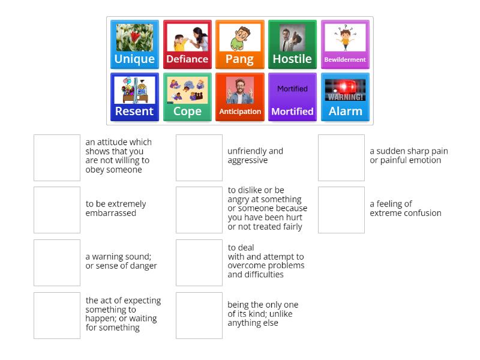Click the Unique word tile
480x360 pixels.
click(x=134, y=44)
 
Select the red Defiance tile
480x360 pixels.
click(x=187, y=44)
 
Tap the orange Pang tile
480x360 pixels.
click(x=239, y=44)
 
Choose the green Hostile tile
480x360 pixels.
click(x=292, y=44)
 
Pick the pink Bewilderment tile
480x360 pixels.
click(x=345, y=44)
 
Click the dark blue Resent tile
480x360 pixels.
click(x=134, y=97)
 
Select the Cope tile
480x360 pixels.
click(x=187, y=97)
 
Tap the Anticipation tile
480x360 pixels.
click(x=239, y=97)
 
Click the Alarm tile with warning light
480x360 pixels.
click(x=345, y=97)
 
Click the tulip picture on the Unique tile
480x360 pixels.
click(x=134, y=37)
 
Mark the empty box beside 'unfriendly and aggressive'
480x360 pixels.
click(x=199, y=158)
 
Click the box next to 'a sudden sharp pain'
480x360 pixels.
click(x=341, y=158)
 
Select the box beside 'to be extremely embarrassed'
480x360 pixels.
click(x=57, y=210)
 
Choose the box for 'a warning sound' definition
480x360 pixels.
click(x=57, y=263)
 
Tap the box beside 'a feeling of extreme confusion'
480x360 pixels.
click(x=341, y=210)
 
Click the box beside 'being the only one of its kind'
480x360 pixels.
click(x=199, y=315)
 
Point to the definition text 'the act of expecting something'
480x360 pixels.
click(x=123, y=314)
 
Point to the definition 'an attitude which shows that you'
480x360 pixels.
click(x=118, y=156)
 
